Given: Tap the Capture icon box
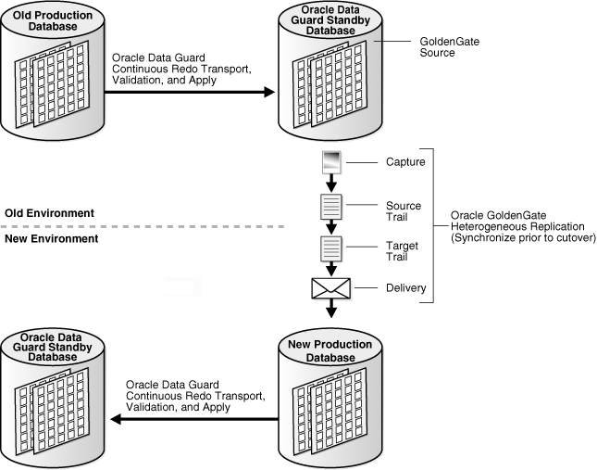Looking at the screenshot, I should pos(331,163).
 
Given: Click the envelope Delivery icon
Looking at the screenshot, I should pos(331,289).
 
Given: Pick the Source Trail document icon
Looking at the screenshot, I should pos(331,207).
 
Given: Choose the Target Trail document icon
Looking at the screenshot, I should pos(331,248).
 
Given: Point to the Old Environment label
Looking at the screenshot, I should pos(49,213).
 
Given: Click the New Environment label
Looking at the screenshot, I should pos(52,238).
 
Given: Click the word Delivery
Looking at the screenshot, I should pos(405,289).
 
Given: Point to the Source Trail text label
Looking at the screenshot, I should pos(404,211).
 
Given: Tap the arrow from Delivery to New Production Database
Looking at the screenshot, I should pos(331,312).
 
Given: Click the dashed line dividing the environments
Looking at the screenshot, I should pos(139,225).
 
